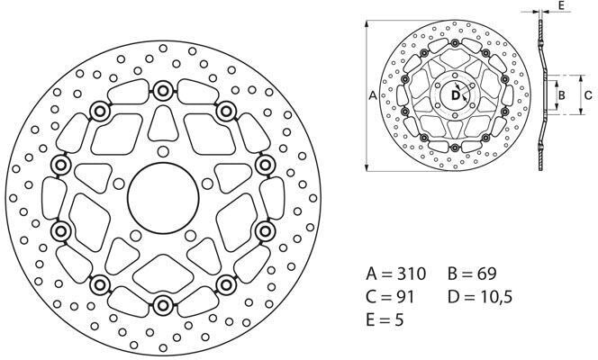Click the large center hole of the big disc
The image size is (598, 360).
coord(163,195)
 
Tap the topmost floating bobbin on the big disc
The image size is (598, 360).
coord(163,90)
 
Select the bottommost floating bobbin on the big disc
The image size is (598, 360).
coord(163,302)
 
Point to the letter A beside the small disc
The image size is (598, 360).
coord(373,94)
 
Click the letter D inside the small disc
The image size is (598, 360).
coord(456,94)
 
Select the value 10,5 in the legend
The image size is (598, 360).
coord(494,295)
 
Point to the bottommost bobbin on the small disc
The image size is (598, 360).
coord(456,146)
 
